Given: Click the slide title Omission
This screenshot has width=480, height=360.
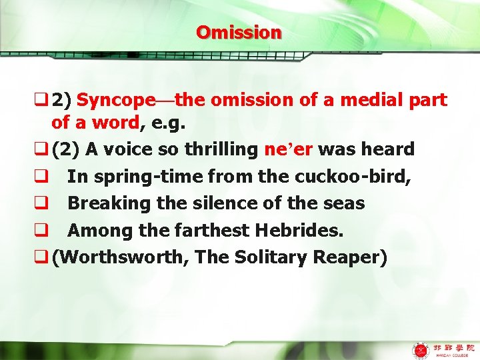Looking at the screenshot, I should (x=239, y=32).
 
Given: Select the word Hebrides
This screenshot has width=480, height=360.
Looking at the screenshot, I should (x=299, y=230).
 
